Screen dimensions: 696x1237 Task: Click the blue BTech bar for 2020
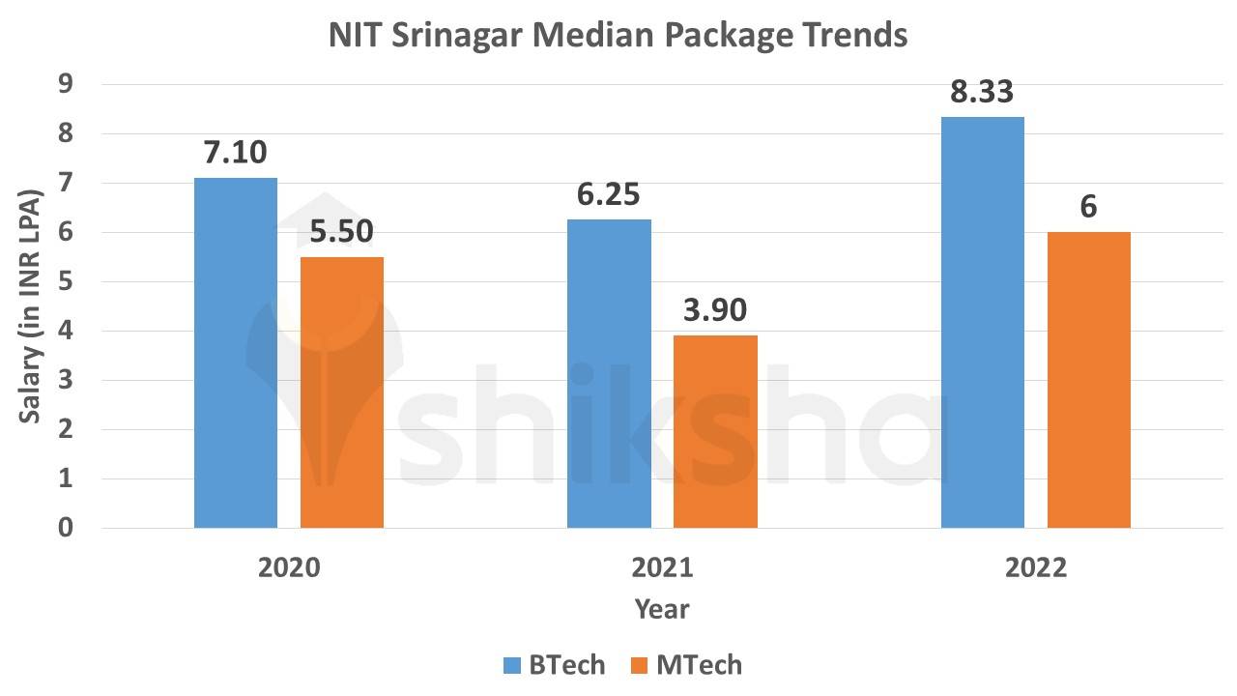235,353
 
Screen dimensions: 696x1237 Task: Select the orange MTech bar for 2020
342,392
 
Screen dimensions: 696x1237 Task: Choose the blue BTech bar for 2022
982,323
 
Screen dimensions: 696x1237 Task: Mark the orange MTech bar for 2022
1088,380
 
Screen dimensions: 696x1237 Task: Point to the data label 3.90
714,311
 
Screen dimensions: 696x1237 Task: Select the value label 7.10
235,154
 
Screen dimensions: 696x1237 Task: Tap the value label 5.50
341,232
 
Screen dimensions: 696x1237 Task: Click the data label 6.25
608,195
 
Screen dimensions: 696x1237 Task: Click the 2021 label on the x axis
662,567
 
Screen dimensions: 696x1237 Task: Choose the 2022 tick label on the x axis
1035,567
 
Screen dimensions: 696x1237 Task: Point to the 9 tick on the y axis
66,85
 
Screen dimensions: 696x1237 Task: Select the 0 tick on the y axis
66,528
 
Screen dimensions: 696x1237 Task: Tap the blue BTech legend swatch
511,665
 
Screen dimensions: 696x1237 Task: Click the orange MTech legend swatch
639,665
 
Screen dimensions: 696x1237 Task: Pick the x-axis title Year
662,609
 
